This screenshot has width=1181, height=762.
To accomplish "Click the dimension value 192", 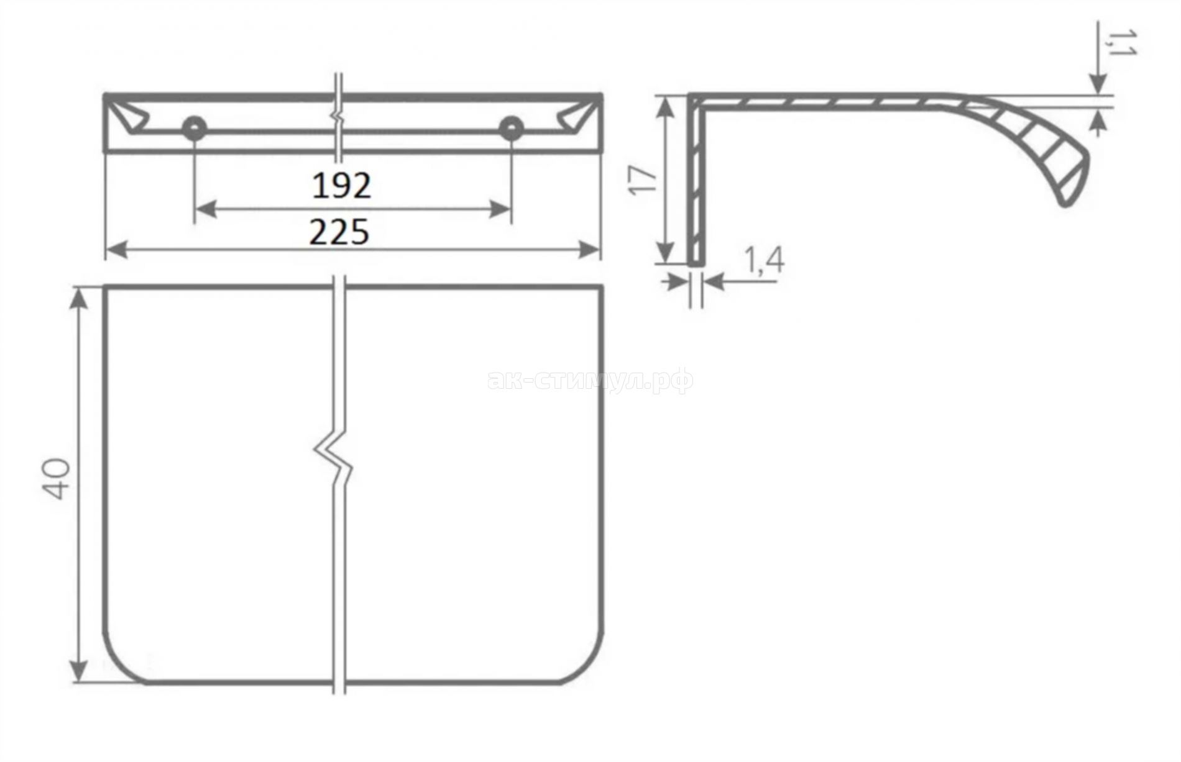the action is [x=341, y=185].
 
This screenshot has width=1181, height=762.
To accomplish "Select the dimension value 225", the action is [x=340, y=232].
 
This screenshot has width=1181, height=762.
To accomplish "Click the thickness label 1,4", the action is [x=763, y=261].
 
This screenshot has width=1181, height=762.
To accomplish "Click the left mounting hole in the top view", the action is [x=195, y=127].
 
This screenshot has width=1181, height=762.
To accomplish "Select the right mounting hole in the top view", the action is [x=512, y=127].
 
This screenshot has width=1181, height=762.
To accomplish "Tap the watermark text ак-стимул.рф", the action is [x=590, y=379].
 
